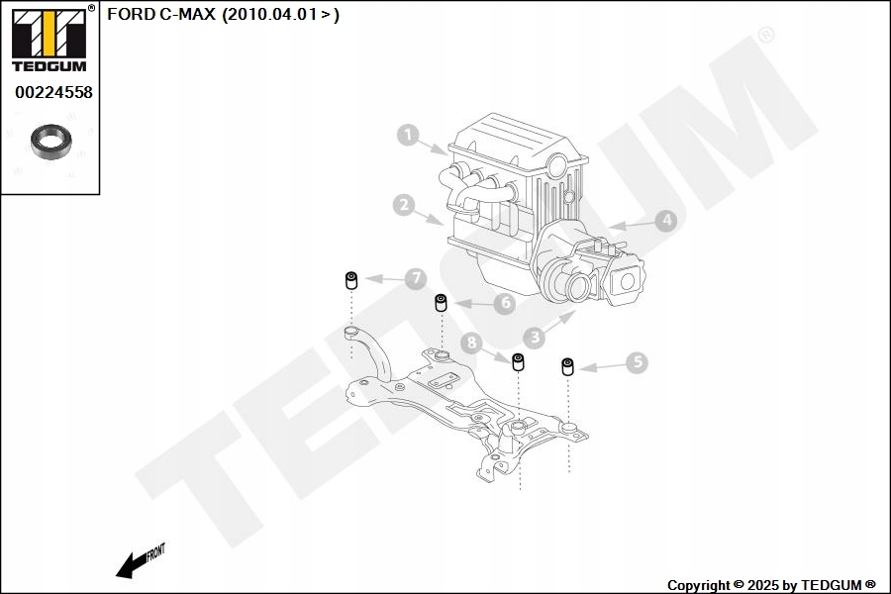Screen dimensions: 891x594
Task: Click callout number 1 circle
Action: (408, 136)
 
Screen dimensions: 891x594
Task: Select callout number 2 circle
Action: (402, 206)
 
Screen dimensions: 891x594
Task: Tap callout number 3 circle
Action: (535, 338)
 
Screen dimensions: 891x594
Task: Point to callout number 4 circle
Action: (666, 221)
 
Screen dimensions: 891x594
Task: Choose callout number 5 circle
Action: (637, 363)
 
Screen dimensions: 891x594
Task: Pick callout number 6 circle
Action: (504, 303)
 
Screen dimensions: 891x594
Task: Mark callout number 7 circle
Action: (416, 279)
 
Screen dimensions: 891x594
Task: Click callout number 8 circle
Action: (471, 343)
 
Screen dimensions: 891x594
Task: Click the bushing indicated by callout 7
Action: (349, 280)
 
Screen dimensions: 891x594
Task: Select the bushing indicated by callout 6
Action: (442, 301)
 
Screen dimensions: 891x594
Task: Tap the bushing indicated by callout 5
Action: (568, 367)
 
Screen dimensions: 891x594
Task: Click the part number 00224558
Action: (53, 93)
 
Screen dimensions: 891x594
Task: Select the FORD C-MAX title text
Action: (223, 15)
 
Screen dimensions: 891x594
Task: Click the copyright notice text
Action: (771, 585)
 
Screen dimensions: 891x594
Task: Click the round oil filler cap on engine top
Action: (557, 162)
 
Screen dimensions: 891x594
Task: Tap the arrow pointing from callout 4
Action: (631, 226)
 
